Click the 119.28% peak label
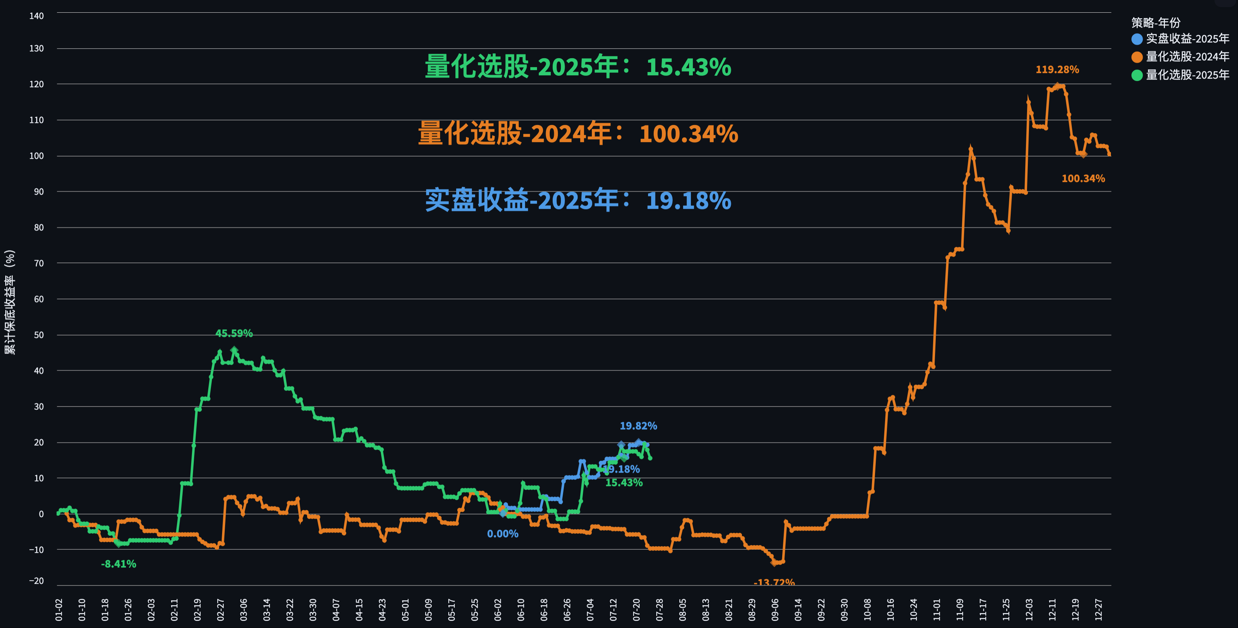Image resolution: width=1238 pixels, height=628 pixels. point(1057,70)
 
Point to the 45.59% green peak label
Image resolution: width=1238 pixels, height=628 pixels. point(234,333)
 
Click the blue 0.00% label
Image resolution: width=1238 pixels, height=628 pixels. point(502,534)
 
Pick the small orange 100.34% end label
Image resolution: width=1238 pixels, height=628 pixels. point(1083,178)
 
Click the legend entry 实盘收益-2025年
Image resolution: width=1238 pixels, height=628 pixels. point(1187,39)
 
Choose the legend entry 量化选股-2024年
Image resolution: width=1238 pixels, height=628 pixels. point(1187,57)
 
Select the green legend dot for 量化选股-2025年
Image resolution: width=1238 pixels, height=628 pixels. point(1137,75)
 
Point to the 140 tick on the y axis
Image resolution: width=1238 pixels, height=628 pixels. point(37,16)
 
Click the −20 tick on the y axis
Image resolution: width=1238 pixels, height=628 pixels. point(36,581)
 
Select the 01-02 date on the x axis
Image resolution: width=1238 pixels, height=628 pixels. point(59,610)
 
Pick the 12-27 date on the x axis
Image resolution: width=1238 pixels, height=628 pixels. point(1098,610)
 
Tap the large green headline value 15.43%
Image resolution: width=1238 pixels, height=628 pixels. point(688,67)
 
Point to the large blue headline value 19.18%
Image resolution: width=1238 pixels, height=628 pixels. point(688,201)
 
